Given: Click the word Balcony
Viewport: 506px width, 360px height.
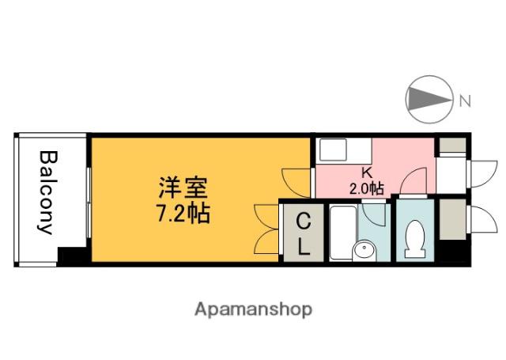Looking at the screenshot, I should pyautogui.click(x=47, y=192).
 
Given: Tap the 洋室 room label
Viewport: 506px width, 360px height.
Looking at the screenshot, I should pyautogui.click(x=183, y=188).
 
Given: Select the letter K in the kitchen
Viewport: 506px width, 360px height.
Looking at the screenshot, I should pyautogui.click(x=366, y=173).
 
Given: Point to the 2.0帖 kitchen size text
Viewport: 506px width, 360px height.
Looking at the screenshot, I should pyautogui.click(x=366, y=188).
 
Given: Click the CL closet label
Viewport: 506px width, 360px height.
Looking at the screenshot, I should pyautogui.click(x=302, y=233).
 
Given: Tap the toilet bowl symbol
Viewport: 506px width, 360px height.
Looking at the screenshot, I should pyautogui.click(x=415, y=238).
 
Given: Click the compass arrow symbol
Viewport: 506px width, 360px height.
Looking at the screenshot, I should pyautogui.click(x=428, y=99).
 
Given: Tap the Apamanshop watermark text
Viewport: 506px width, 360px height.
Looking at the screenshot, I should pyautogui.click(x=253, y=308).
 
